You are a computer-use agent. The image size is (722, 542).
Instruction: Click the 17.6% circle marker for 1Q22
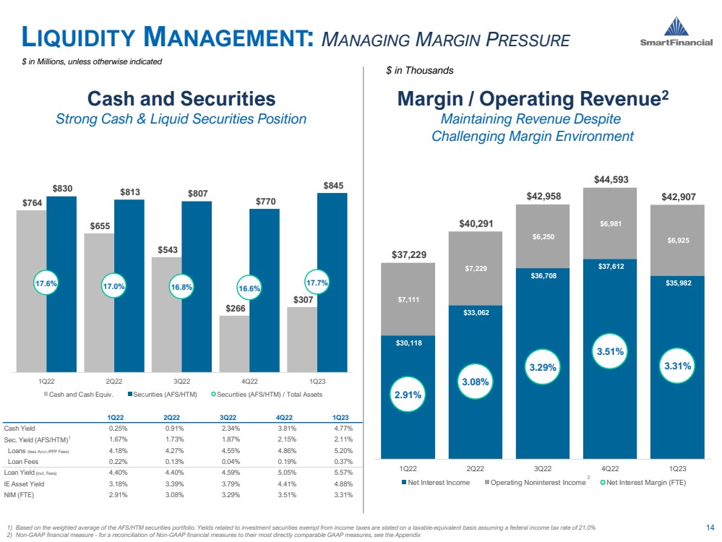pos(46,284)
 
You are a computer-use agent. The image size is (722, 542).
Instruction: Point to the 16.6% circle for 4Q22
pos(249,288)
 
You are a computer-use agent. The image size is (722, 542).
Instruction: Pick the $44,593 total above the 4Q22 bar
pos(610,178)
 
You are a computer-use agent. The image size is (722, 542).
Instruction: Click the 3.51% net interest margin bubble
pos(610,352)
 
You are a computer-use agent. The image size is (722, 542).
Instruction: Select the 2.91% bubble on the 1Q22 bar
pos(408,395)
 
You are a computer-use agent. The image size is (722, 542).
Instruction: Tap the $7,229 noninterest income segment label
pos(475,269)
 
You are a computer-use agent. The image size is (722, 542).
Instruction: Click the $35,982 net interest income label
pos(677,283)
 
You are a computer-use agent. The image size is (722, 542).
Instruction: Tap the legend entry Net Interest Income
pos(436,482)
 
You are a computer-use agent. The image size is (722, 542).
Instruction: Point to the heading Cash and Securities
pos(181,98)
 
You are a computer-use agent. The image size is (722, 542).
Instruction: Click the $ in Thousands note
pos(419,70)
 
